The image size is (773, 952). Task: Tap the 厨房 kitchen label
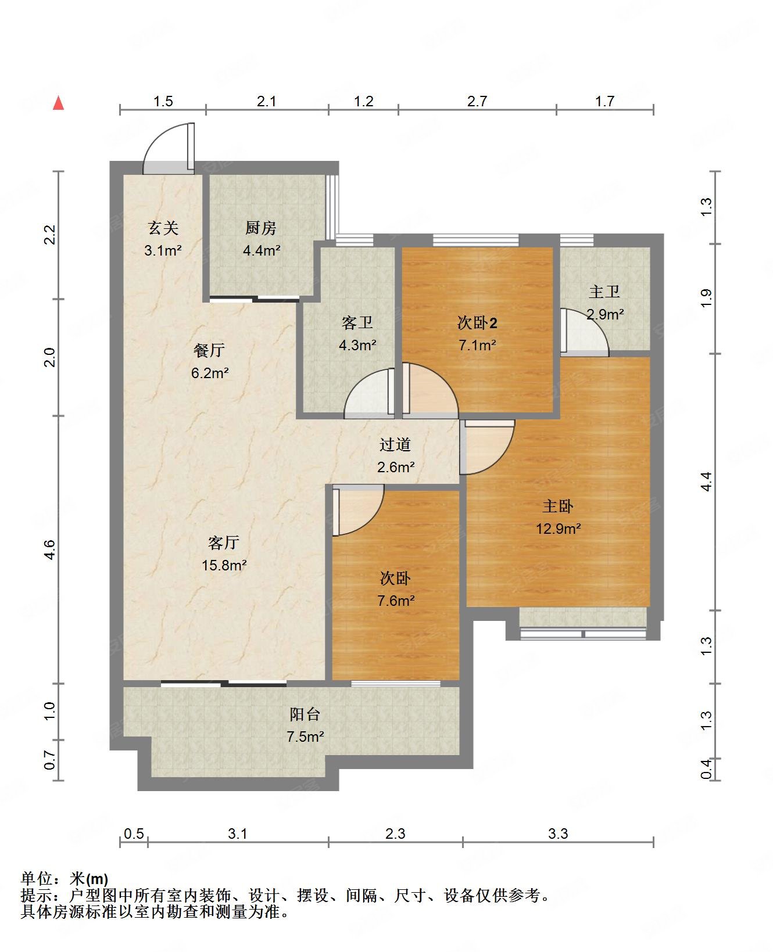coord(260,228)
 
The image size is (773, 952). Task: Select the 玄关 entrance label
coord(163,228)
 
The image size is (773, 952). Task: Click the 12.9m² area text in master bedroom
coord(558,529)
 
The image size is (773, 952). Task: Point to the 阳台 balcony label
coord(305,714)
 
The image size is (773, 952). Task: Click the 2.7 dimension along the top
coord(477,102)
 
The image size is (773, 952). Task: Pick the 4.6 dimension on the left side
coord(49,549)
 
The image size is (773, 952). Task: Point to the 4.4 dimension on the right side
coord(706,482)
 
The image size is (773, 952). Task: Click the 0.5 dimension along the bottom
coord(134,834)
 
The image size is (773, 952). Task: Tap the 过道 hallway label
coord(395,445)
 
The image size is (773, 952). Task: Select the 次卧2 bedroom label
coord(477,323)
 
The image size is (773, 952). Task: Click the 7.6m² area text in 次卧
coord(396,601)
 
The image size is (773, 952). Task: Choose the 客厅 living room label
coord(224,543)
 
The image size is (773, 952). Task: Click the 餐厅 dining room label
coord(209,350)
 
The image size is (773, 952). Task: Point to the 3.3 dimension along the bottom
coord(558,834)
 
